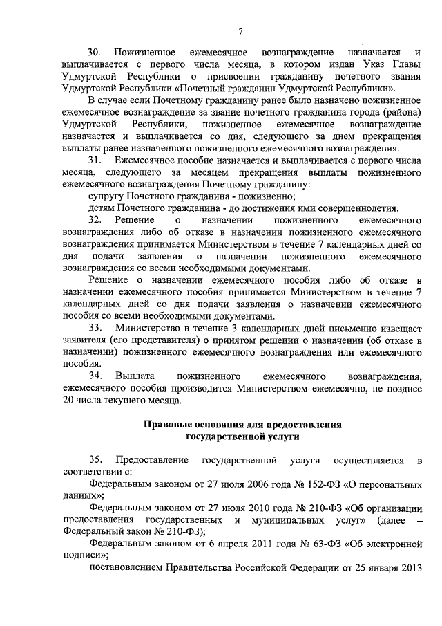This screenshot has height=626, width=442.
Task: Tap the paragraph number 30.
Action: tap(95, 53)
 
